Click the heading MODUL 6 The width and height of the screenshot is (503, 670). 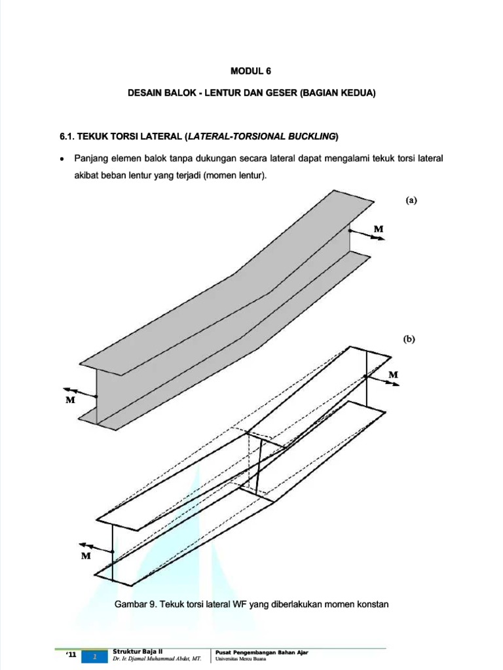point(251,72)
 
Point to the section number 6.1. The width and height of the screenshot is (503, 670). point(69,136)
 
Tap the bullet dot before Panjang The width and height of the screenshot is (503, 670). point(62,159)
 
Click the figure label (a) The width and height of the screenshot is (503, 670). point(411,201)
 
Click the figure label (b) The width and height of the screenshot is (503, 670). point(410,340)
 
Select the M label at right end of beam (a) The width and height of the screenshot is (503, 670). point(379,228)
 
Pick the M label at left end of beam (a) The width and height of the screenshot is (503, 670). point(70,400)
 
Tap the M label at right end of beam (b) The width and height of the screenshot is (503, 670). point(393,374)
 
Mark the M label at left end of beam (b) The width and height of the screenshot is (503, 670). point(85,555)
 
